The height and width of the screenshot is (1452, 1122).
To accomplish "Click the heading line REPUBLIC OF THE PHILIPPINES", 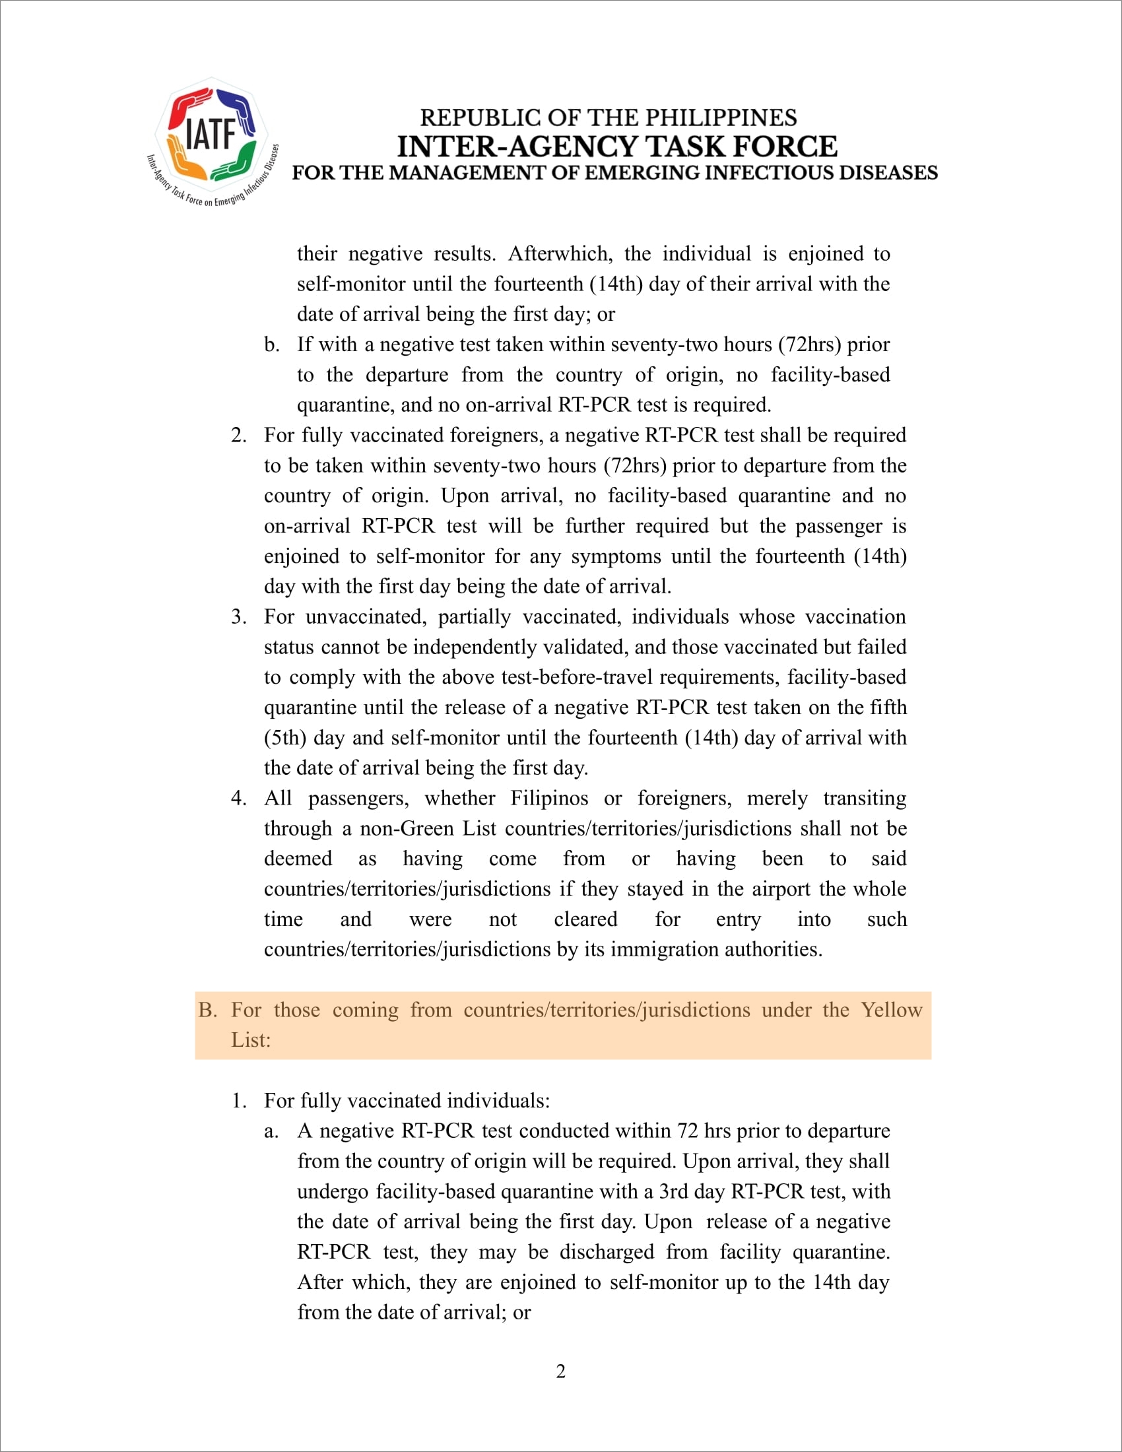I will tap(609, 117).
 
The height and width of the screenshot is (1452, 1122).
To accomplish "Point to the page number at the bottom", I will tap(560, 1371).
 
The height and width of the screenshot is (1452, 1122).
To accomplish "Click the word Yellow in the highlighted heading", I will tap(892, 1010).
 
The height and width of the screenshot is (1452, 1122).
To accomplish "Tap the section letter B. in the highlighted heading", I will tap(207, 1010).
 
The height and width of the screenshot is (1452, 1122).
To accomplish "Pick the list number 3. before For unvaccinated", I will tap(239, 617).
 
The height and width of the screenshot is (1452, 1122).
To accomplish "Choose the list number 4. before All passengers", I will tap(239, 799).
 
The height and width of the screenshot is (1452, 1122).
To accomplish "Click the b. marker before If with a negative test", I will tap(271, 345).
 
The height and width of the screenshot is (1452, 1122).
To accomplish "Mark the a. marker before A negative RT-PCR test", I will tap(271, 1131).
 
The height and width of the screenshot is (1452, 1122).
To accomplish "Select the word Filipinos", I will tap(549, 799).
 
